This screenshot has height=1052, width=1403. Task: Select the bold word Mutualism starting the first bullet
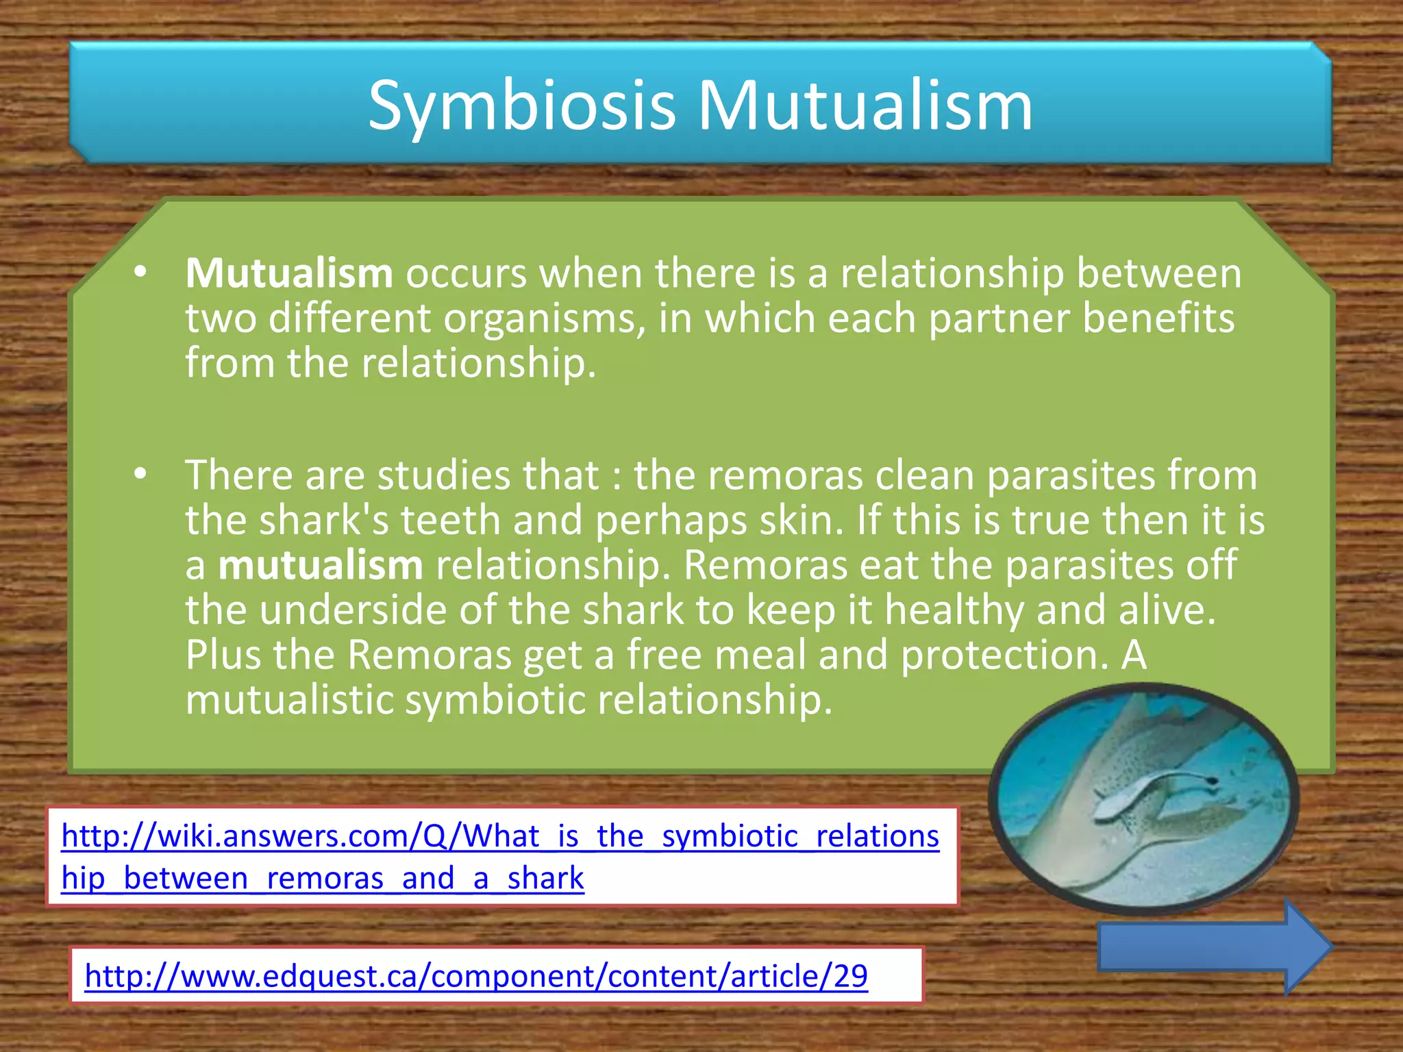click(x=289, y=273)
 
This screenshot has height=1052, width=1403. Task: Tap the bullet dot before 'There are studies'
click(x=140, y=474)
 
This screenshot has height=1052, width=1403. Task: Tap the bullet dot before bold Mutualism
click(x=140, y=273)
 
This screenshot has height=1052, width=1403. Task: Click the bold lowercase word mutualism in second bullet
click(x=321, y=566)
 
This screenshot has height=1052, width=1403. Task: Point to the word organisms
click(x=545, y=319)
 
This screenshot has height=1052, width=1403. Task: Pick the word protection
click(x=1004, y=655)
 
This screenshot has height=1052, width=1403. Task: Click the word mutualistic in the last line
click(x=289, y=700)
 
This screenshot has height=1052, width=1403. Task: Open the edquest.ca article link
click(x=476, y=976)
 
